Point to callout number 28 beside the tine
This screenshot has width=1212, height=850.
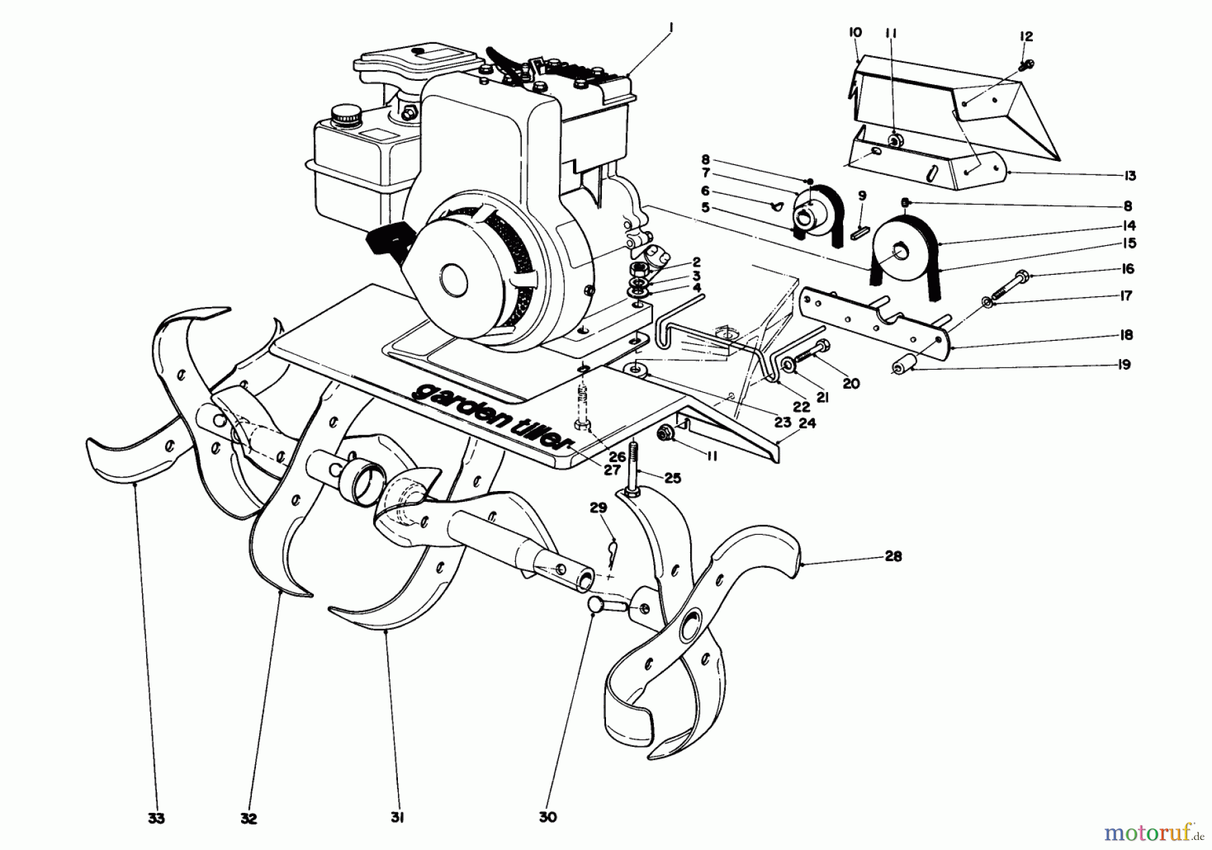coord(894,556)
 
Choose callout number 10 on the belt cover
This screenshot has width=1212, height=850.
coord(855,32)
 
